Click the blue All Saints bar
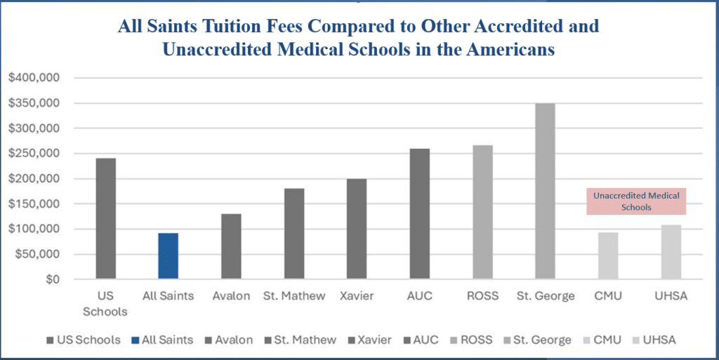(168, 256)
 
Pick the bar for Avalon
(231, 246)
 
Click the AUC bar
(419, 214)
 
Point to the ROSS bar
(482, 212)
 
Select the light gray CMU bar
(608, 256)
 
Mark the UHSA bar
(671, 252)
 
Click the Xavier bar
(357, 229)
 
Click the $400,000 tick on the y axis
(35, 78)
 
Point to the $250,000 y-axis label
(35, 154)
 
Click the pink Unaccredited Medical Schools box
(635, 201)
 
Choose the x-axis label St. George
(545, 296)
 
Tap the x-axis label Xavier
(357, 296)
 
